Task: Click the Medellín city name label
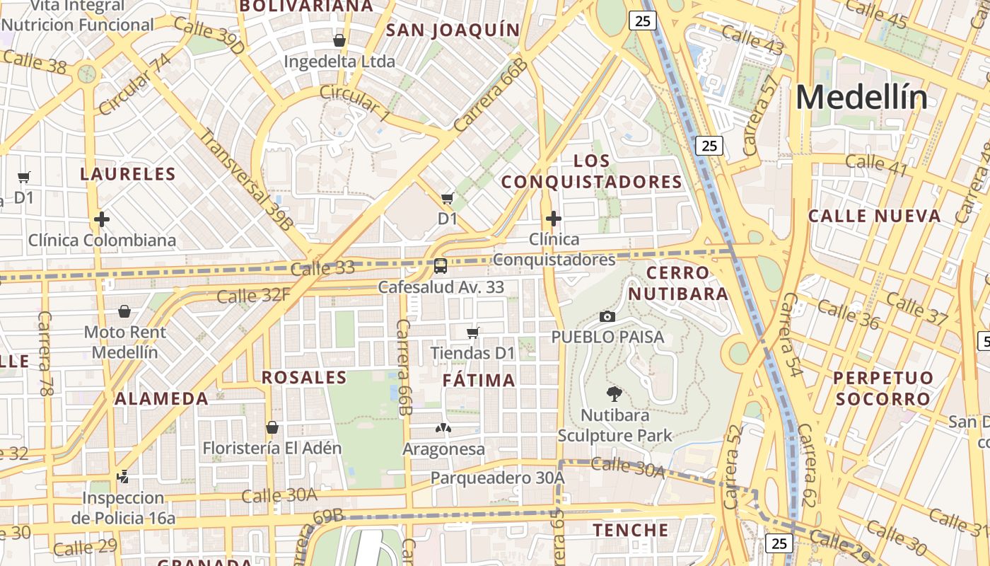tap(861, 97)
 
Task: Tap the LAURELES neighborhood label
tap(128, 174)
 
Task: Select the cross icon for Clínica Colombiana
tap(102, 219)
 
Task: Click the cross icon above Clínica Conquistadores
tap(554, 219)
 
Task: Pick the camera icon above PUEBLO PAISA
tap(607, 316)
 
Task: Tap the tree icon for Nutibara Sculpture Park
tap(615, 393)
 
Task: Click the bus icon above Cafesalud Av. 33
tap(441, 266)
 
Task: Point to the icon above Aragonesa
tap(443, 428)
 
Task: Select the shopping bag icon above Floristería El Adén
tap(272, 427)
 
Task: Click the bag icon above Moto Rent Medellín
tap(124, 311)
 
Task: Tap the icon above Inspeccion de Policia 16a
tap(123, 477)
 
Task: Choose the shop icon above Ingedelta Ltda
tap(339, 40)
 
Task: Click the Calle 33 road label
tap(322, 269)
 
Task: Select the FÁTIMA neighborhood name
tap(479, 381)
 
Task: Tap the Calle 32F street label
tap(253, 295)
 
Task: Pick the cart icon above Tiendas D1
tap(473, 333)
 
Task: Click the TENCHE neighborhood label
tap(631, 530)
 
